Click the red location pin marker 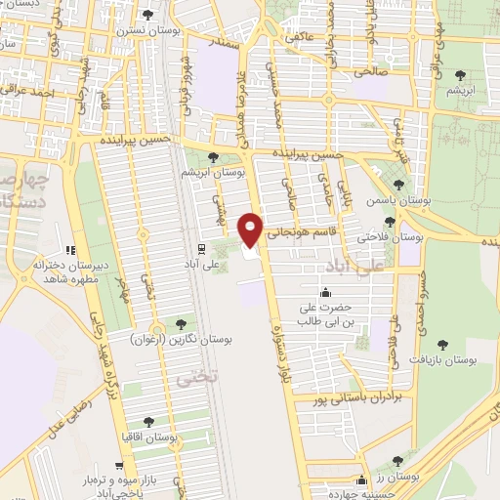(x=251, y=229)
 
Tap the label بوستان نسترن (x=148, y=31)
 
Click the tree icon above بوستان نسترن (x=147, y=15)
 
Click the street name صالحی (x=370, y=71)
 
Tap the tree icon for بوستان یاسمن (x=397, y=184)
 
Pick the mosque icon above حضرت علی (x=324, y=292)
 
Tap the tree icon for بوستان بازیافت (x=443, y=344)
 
